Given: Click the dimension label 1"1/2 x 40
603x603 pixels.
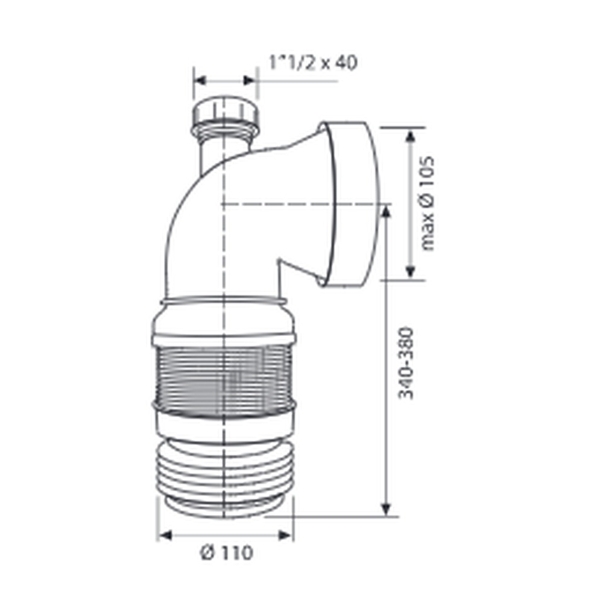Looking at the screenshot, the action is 312,63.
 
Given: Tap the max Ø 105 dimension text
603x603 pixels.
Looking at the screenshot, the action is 428,203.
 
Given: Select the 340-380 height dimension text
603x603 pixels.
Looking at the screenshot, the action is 406,363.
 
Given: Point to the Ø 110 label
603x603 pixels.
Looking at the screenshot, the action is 227,553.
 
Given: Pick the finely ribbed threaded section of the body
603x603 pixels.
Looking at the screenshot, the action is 224,376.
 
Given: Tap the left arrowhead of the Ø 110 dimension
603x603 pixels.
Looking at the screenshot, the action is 165,535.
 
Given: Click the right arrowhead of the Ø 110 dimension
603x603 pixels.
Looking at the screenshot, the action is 285,535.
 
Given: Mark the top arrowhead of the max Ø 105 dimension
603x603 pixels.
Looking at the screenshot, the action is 410,138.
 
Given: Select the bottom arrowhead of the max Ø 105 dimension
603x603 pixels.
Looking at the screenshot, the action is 410,270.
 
